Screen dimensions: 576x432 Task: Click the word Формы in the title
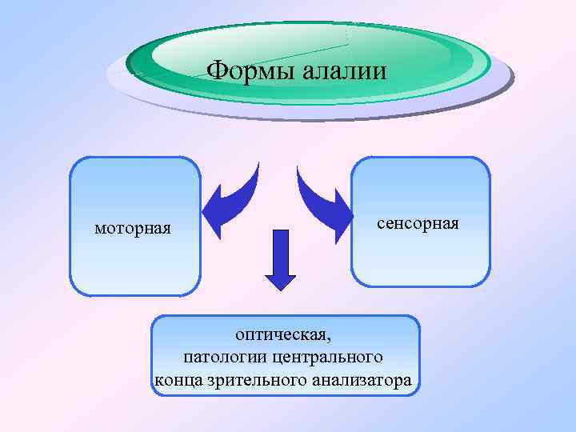coord(250,71)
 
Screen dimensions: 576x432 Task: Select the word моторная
coord(133,229)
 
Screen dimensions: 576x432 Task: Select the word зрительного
coord(255,381)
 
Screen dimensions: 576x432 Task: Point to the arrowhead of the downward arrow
coord(280,281)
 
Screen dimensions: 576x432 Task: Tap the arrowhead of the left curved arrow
coord(212,216)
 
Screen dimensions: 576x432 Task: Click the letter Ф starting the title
coord(216,71)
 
